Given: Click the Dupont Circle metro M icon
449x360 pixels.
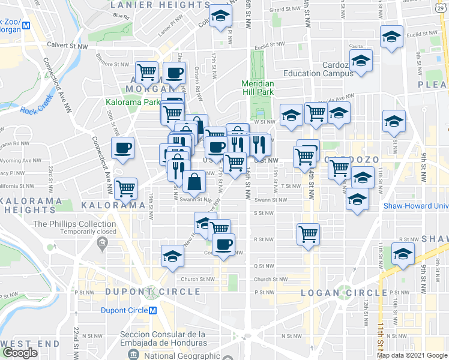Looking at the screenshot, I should [152, 311].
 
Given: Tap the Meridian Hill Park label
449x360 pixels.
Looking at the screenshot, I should [258, 88].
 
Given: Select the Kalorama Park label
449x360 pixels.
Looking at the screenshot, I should [133, 102].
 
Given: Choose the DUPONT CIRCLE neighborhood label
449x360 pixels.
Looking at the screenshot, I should [153, 292].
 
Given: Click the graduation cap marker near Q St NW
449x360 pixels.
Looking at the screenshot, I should [172, 256].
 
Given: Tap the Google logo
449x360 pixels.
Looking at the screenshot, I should [20, 353].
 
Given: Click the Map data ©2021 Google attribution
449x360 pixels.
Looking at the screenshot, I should [412, 355].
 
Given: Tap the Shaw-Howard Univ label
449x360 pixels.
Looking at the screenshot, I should [416, 206].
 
